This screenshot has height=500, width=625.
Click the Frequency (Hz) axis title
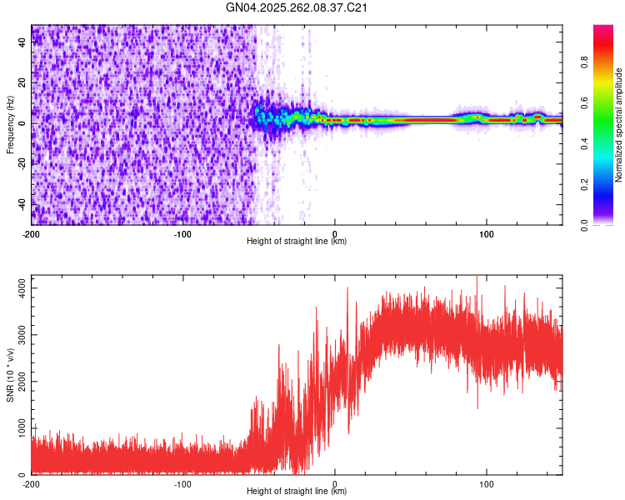(10, 125)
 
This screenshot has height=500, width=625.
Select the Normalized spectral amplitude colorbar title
(619, 125)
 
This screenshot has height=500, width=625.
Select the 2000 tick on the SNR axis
(16, 382)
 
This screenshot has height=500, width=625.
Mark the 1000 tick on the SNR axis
(16, 428)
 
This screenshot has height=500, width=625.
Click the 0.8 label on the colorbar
(585, 61)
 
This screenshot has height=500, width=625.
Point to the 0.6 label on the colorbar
(585, 102)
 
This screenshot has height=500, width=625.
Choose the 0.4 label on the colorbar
(585, 142)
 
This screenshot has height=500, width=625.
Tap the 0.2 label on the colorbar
(585, 183)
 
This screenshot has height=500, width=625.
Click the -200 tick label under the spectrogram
(32, 233)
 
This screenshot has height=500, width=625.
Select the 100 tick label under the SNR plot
(487, 483)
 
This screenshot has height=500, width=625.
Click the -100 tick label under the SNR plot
(183, 483)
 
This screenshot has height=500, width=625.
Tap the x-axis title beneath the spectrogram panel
(297, 242)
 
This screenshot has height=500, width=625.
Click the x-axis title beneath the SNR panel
(297, 492)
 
